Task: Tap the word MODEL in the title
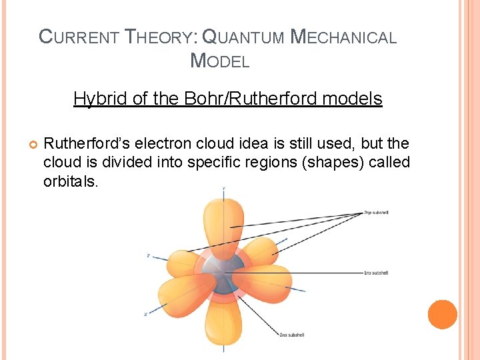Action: click(x=220, y=61)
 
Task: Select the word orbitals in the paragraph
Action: click(x=71, y=181)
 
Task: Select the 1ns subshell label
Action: click(x=375, y=273)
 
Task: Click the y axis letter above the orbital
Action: click(x=223, y=189)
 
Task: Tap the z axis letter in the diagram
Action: click(x=148, y=255)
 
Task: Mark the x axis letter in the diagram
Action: click(x=145, y=313)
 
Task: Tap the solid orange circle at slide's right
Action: click(x=442, y=315)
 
